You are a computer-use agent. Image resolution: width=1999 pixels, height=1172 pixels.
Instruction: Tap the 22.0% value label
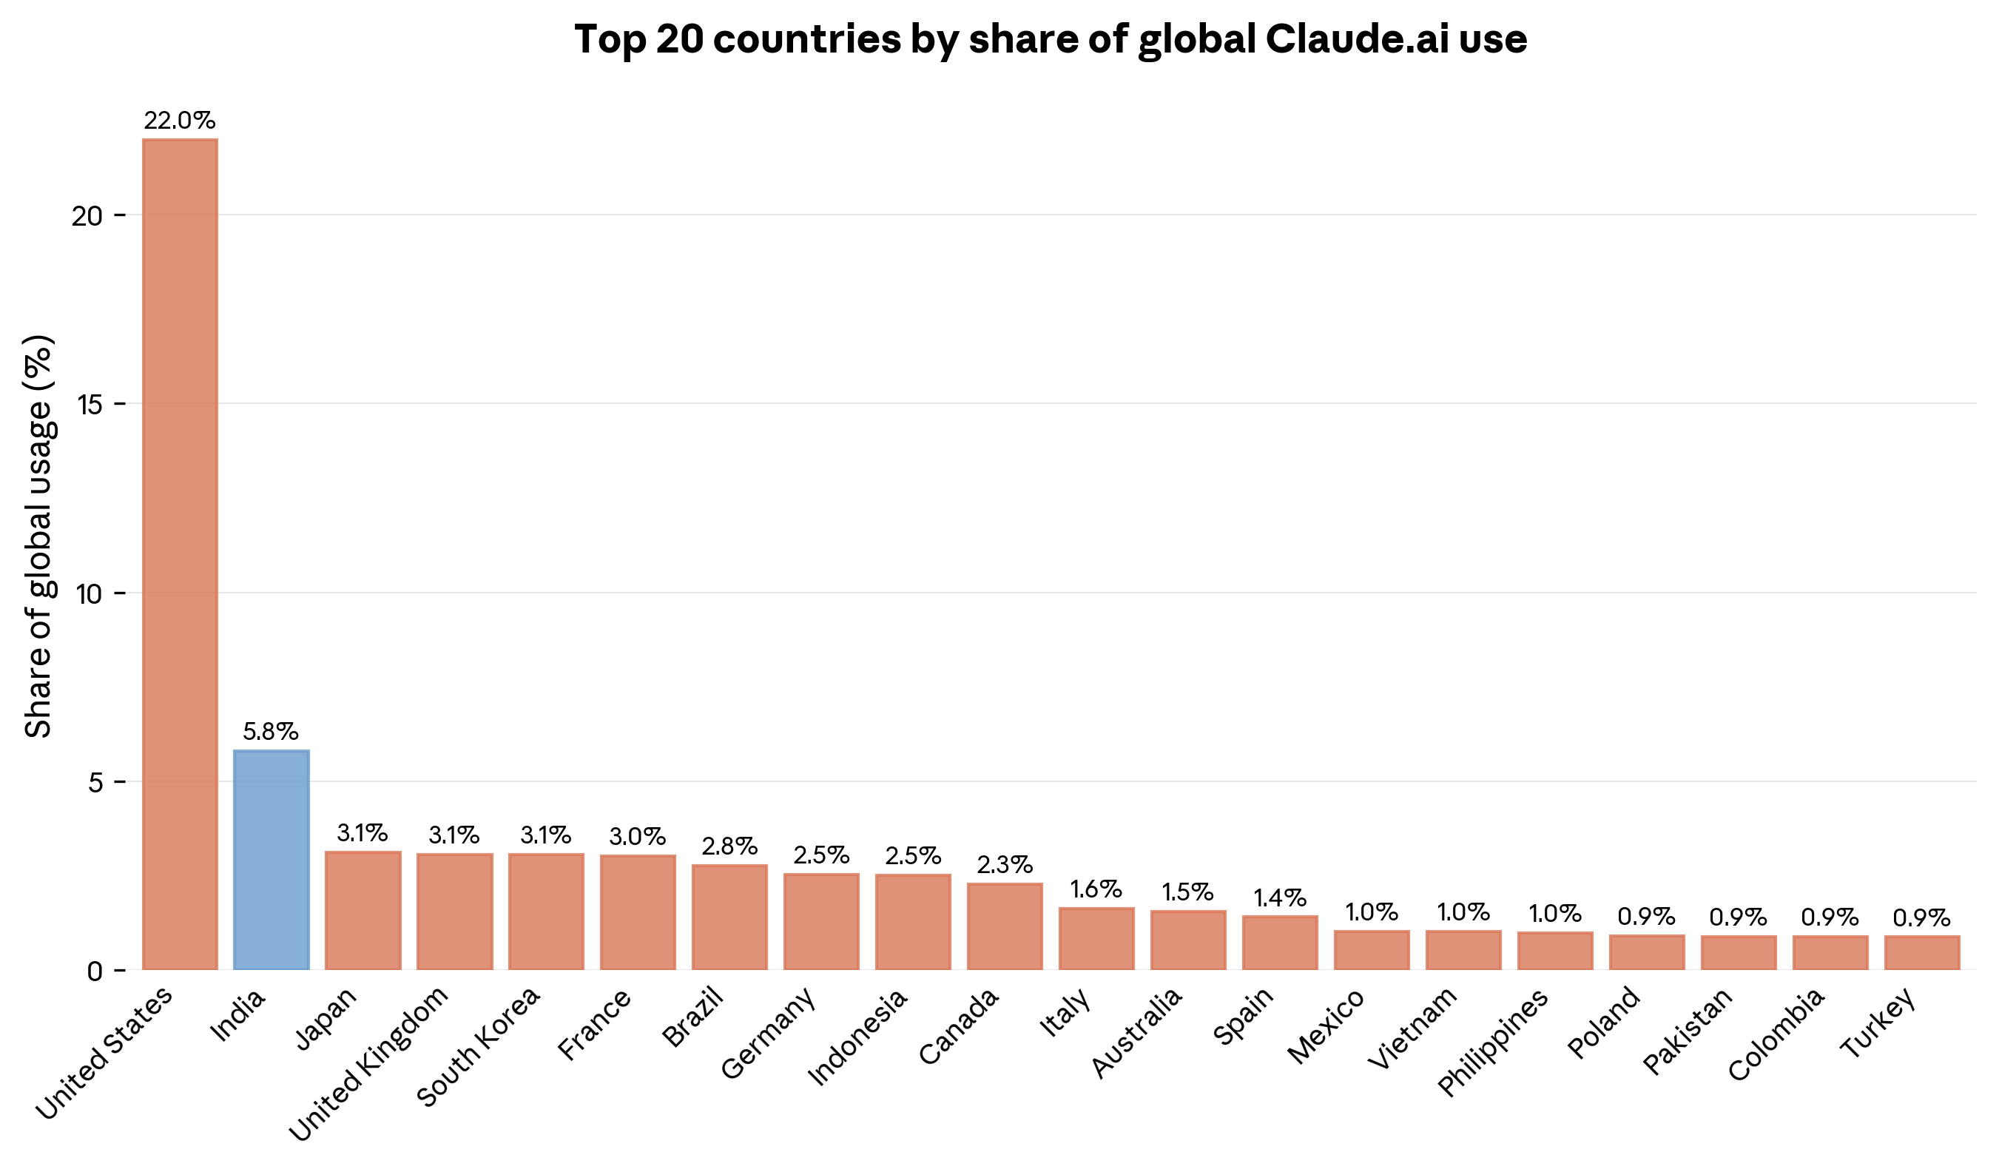click(180, 121)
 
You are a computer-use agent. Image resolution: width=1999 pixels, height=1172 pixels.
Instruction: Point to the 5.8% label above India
click(272, 731)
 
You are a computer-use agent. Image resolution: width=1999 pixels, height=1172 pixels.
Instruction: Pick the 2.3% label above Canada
click(1004, 864)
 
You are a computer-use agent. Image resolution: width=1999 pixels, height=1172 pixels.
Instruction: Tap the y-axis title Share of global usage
click(38, 536)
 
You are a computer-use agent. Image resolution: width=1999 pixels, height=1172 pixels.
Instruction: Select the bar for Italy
click(1096, 939)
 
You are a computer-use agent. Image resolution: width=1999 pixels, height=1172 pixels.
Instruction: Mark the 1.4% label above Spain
click(1279, 897)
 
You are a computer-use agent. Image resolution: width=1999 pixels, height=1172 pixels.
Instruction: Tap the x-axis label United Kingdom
click(369, 1063)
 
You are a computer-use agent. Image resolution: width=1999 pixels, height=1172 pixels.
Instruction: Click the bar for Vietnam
click(1463, 950)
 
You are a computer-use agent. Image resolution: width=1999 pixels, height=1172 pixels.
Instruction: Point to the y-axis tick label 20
click(87, 216)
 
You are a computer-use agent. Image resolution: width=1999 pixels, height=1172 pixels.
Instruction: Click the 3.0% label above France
click(638, 836)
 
